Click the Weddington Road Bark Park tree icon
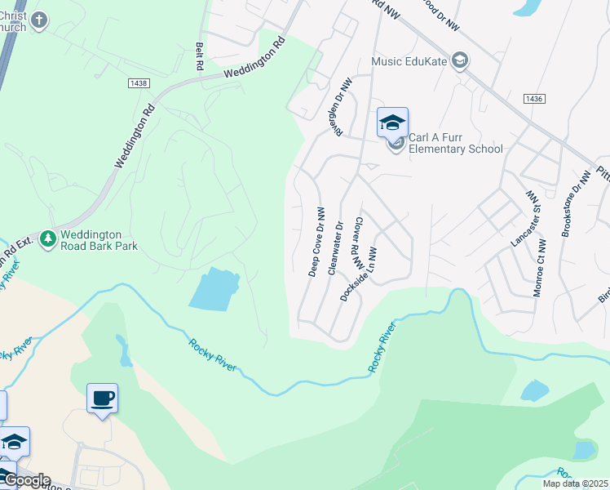[48, 238]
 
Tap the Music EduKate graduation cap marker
[460, 61]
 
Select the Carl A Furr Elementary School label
[455, 143]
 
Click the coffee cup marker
[102, 399]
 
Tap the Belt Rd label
[198, 56]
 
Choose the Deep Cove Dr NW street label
[316, 242]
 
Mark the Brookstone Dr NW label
[575, 204]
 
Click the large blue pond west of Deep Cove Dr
[214, 288]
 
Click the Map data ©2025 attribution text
[576, 483]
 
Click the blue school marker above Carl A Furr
[392, 123]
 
